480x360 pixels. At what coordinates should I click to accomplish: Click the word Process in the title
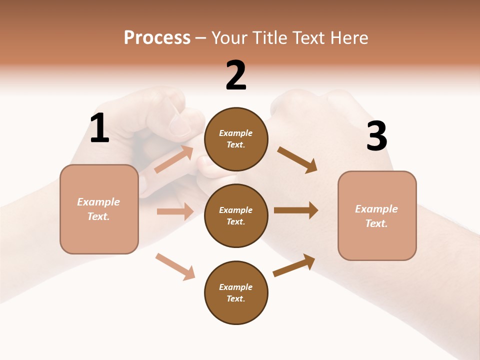click(x=157, y=38)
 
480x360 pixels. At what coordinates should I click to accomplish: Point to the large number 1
click(x=99, y=129)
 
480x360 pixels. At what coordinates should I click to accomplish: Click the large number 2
click(x=236, y=76)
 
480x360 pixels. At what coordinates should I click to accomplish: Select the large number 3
click(x=376, y=136)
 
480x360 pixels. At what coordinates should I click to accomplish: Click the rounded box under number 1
click(x=99, y=209)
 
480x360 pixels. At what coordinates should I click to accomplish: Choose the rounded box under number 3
click(x=377, y=215)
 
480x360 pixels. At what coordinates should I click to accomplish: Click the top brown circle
click(x=236, y=139)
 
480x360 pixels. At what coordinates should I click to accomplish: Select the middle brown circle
click(x=236, y=215)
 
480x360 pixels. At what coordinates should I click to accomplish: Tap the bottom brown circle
click(x=236, y=292)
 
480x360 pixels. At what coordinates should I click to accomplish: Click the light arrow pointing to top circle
click(x=174, y=159)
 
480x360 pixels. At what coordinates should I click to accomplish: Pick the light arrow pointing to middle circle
click(x=175, y=211)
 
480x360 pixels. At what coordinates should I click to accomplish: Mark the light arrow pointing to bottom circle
click(x=175, y=267)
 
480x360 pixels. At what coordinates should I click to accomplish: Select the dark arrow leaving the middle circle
click(x=296, y=210)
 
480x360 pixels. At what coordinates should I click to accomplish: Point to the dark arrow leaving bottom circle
click(x=294, y=265)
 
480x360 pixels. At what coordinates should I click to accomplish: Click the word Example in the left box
click(x=98, y=202)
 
